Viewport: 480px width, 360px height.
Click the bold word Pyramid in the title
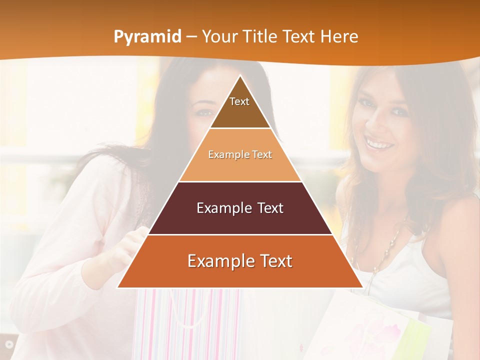147,37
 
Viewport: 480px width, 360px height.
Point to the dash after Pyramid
191,37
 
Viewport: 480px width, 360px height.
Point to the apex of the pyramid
240,76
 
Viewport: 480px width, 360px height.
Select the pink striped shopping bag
185,320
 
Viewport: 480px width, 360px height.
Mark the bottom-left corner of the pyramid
118,287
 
